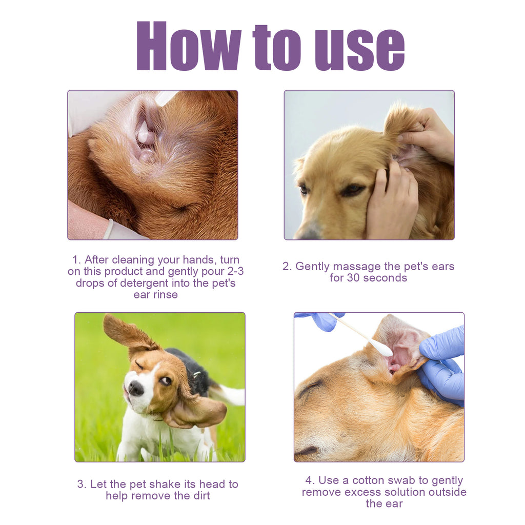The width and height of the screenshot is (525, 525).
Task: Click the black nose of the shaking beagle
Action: tap(136, 388)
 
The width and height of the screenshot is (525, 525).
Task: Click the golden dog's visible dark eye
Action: tap(352, 189)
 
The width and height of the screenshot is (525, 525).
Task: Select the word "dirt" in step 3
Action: tap(200, 495)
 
